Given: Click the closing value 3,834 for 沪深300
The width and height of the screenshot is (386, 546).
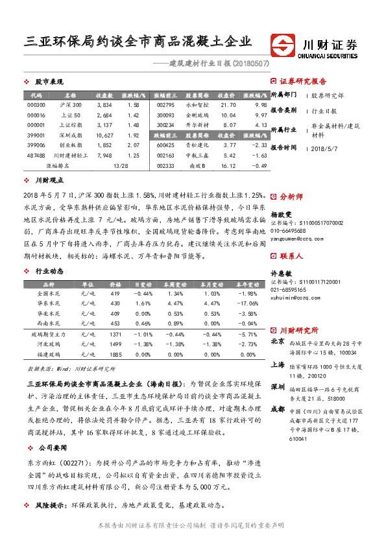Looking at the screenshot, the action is tap(104, 104).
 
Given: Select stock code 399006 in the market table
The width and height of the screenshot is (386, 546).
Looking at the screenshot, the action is tap(36, 145).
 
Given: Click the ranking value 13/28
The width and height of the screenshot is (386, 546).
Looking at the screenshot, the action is tap(121, 166).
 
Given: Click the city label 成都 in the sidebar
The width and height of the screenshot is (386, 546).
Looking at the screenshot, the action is tap(277, 409).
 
